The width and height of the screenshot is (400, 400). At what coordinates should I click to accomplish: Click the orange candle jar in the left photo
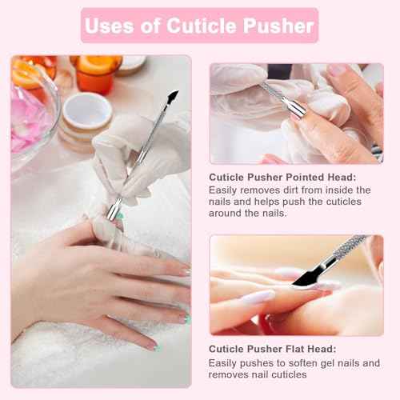[x=94, y=73]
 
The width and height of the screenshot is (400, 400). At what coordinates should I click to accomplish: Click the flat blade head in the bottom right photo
[x=309, y=276]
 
